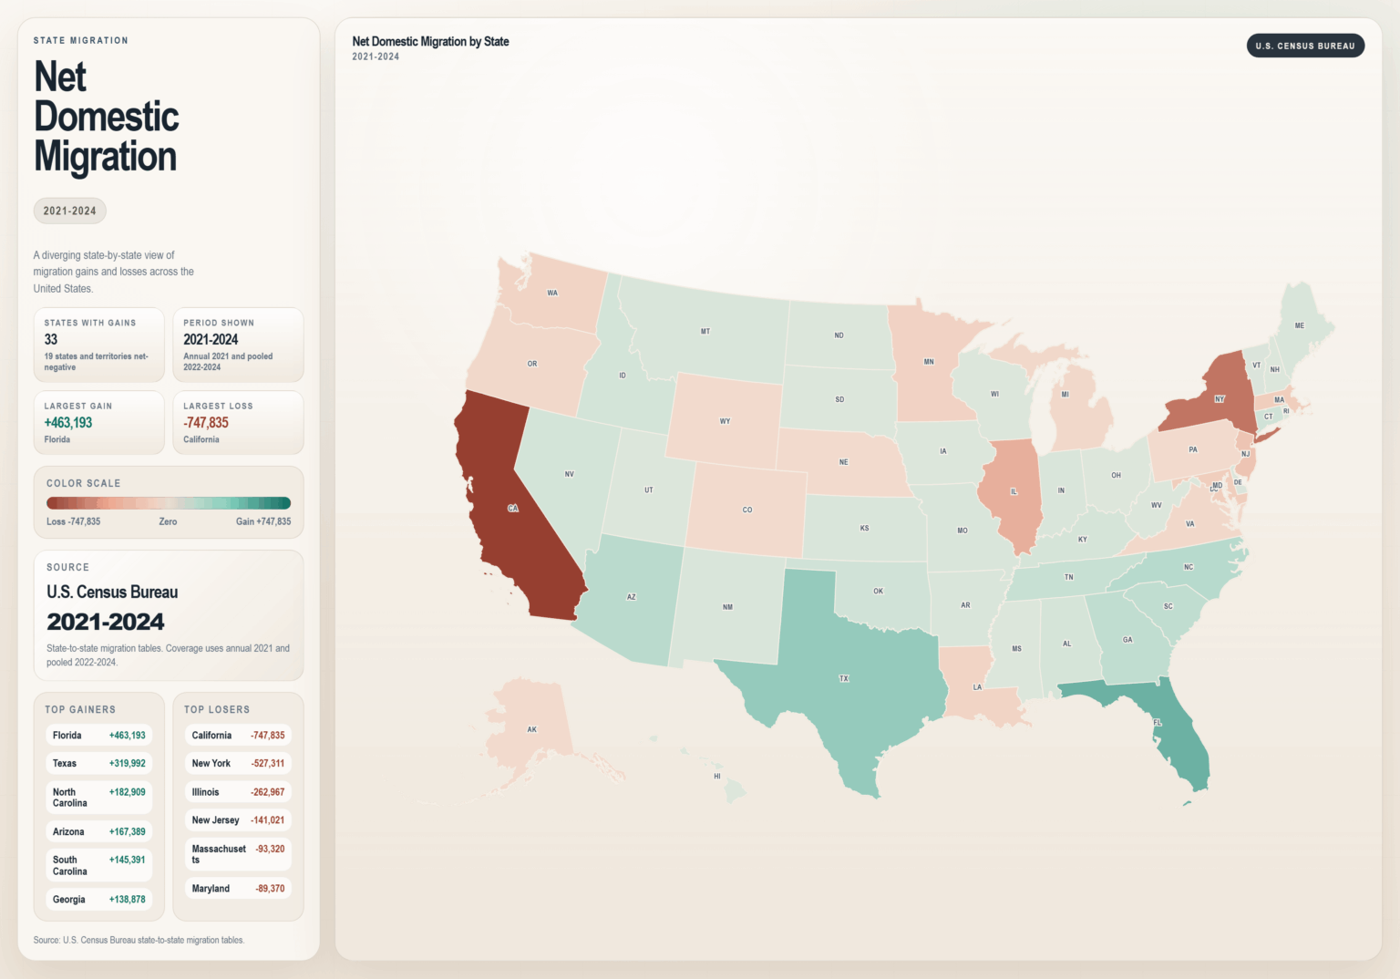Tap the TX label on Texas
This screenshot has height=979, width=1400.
[x=844, y=678]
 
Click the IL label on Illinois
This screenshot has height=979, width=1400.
[x=1014, y=491]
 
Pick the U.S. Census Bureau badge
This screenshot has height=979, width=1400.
[x=1304, y=46]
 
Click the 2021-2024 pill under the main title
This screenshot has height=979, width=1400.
[x=70, y=211]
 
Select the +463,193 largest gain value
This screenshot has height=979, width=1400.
[x=68, y=423]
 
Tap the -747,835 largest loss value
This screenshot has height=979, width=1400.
[x=206, y=423]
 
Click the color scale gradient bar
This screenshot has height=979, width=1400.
[x=169, y=503]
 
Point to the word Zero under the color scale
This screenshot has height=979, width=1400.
[x=168, y=521]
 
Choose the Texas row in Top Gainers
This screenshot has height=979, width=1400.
[x=98, y=764]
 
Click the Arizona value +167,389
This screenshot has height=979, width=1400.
[x=127, y=831]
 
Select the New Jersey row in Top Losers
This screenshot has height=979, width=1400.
[x=237, y=820]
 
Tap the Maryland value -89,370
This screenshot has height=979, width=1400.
[x=270, y=889]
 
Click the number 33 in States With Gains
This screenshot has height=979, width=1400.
[x=51, y=339]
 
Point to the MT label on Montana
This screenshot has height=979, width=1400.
[x=705, y=331]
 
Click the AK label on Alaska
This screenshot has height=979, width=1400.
[x=532, y=729]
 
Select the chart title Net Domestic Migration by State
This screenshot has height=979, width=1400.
[x=430, y=41]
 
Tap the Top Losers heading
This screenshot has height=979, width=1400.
[x=217, y=709]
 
